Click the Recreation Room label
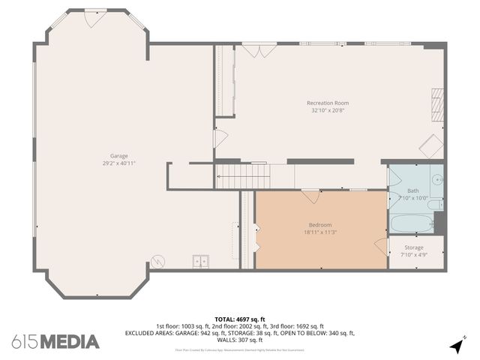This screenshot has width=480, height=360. pyautogui.click(x=327, y=103)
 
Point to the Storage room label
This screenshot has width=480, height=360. pyautogui.click(x=413, y=247)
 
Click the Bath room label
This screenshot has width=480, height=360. pyautogui.click(x=413, y=190)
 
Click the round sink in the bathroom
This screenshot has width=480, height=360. pyautogui.click(x=436, y=180)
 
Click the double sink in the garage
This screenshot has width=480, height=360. pyautogui.click(x=201, y=262)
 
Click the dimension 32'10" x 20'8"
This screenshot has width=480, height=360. pyautogui.click(x=327, y=110)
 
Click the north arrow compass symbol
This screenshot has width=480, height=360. pyautogui.click(x=456, y=346)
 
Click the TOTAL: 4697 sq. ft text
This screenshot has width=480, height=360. pyautogui.click(x=240, y=319)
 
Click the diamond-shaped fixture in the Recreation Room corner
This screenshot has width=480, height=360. pyautogui.click(x=431, y=146)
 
